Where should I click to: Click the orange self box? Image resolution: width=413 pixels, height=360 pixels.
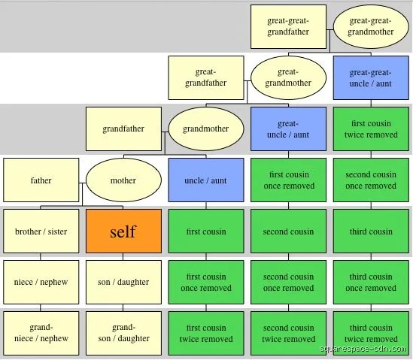coord(123,231)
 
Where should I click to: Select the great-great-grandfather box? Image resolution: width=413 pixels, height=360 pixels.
coord(288,26)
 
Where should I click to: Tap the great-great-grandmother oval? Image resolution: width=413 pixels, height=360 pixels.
coord(371,26)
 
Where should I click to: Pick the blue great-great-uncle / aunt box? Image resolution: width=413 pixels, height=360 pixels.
coord(371,77)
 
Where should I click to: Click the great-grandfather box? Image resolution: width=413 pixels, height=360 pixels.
coord(206,77)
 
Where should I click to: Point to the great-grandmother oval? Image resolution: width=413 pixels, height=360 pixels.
coord(288,77)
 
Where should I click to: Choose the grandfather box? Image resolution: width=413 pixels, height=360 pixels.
coord(123,129)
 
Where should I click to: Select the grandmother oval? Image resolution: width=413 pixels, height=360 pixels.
coord(206,129)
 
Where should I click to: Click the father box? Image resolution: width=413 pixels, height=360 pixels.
coord(41,180)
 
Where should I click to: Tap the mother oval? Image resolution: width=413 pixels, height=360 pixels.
coord(123,180)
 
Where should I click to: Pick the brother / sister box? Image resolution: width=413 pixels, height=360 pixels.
coord(41,231)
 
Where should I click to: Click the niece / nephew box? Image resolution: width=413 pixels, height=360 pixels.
coord(41,282)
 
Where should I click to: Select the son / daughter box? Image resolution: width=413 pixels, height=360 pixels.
coord(123,282)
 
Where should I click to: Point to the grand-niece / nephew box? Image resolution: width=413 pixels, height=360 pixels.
coord(41,333)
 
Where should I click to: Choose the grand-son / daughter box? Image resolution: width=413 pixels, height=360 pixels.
coord(123,333)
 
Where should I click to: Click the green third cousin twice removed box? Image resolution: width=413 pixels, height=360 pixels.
coord(371,333)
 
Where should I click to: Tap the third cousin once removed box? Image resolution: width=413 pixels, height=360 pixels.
coord(371,282)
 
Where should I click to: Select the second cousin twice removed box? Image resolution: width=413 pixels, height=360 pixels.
coord(288,333)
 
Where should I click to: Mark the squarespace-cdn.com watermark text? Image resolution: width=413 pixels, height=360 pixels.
coord(363,349)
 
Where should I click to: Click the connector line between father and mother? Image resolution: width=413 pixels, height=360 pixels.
coord(83,183)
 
